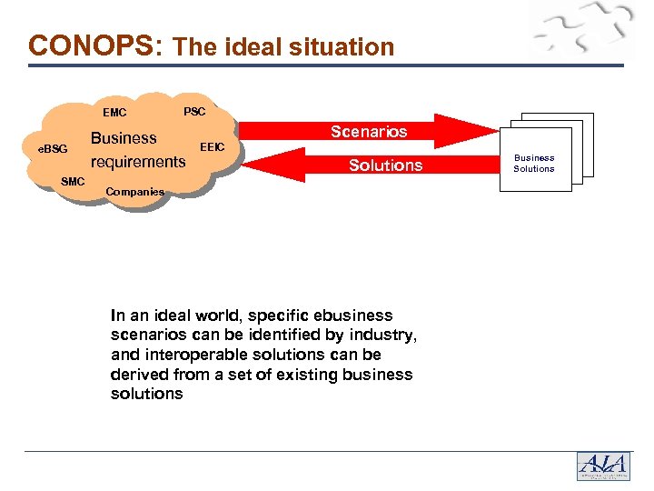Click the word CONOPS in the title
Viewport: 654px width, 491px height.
click(x=92, y=45)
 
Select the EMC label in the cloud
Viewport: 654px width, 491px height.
click(x=115, y=114)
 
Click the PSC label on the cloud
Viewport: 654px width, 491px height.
click(x=195, y=112)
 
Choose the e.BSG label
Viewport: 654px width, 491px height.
click(x=52, y=148)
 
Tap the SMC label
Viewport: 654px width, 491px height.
click(x=73, y=182)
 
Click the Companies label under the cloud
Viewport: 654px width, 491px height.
click(x=135, y=192)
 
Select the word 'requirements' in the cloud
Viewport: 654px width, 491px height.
click(x=138, y=163)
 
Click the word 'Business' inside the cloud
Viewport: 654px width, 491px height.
click(x=124, y=139)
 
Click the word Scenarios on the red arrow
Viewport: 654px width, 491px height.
click(x=369, y=132)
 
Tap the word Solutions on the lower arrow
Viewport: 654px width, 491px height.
click(x=386, y=165)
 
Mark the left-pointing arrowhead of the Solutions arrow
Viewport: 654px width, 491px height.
click(x=260, y=165)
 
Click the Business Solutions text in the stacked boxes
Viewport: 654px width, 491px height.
click(x=534, y=164)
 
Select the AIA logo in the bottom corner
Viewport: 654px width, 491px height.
click(x=603, y=465)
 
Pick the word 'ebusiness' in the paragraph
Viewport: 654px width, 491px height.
click(x=355, y=316)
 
